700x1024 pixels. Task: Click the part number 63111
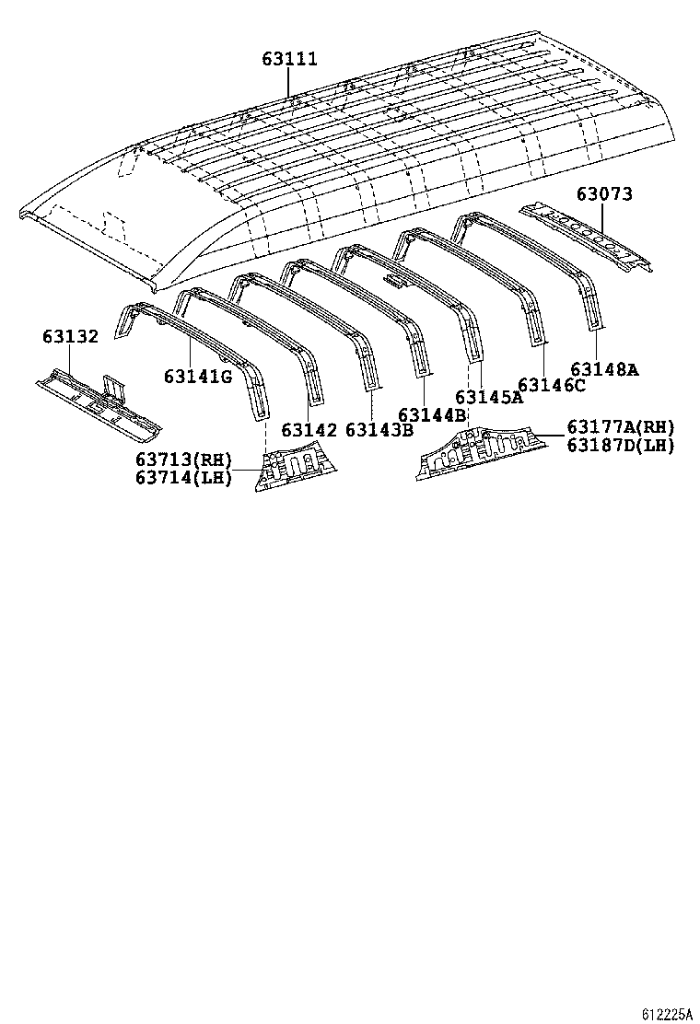pyautogui.click(x=289, y=59)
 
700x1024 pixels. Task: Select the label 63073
pyautogui.click(x=605, y=194)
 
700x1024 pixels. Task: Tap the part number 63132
pyautogui.click(x=70, y=337)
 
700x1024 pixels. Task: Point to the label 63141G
pyautogui.click(x=198, y=376)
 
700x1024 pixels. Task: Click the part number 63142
pyautogui.click(x=309, y=429)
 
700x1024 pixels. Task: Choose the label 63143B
pyautogui.click(x=379, y=429)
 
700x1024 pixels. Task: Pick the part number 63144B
pyautogui.click(x=433, y=414)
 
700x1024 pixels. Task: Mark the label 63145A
pyautogui.click(x=489, y=398)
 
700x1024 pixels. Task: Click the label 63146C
pyautogui.click(x=552, y=385)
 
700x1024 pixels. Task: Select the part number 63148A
pyautogui.click(x=604, y=369)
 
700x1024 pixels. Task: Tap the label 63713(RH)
pyautogui.click(x=183, y=460)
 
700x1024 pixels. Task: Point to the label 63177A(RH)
pyautogui.click(x=621, y=427)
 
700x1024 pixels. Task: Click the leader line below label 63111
pyautogui.click(x=289, y=83)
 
